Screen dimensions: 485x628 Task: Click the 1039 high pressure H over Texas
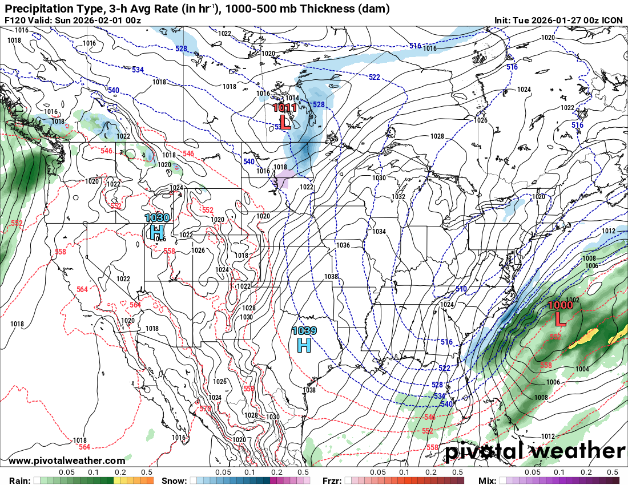tap(304, 344)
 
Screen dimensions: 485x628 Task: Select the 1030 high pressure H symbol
tap(157, 231)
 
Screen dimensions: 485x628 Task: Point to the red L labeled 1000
tap(561, 319)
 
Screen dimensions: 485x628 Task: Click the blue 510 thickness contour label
tap(461, 289)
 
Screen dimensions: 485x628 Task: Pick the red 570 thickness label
tap(206, 409)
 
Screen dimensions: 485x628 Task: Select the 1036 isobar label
tap(343, 245)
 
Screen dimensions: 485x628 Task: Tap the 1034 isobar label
tap(379, 232)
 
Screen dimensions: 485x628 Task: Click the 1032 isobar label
tap(398, 196)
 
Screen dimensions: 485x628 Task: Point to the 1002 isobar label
tap(573, 300)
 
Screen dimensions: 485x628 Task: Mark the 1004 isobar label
tap(582, 369)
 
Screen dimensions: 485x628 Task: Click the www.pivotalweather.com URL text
tap(67, 460)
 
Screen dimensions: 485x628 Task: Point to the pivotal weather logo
tap(535, 451)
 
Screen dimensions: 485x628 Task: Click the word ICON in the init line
tap(613, 21)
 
